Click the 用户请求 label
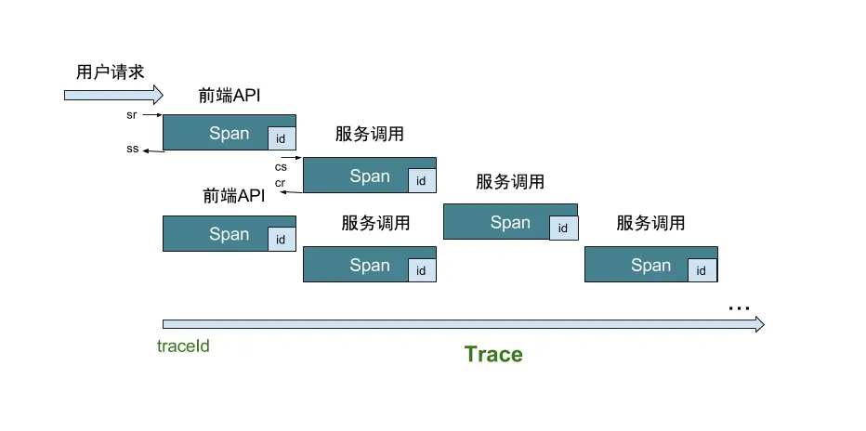(111, 72)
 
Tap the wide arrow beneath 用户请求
(112, 94)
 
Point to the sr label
(132, 115)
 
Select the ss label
(132, 149)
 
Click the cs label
(281, 167)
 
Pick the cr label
(280, 183)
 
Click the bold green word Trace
(493, 354)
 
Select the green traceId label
(182, 346)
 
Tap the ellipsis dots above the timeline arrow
(739, 307)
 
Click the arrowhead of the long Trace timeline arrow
(758, 324)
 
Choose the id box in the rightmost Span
(702, 271)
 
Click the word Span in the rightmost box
(650, 266)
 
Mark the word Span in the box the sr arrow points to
(229, 133)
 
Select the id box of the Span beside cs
(421, 181)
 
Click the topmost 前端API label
(230, 95)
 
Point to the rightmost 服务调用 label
(650, 223)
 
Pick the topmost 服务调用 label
(370, 134)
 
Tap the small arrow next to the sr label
(153, 115)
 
